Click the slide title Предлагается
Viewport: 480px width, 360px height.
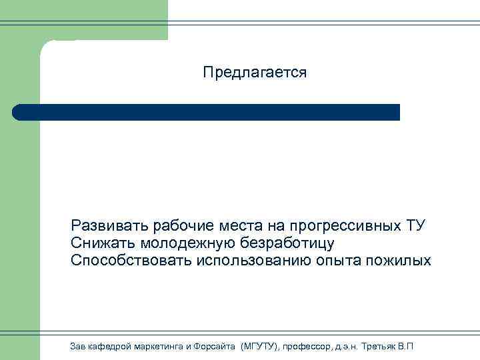pyautogui.click(x=255, y=73)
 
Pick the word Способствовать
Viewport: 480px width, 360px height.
pyautogui.click(x=131, y=260)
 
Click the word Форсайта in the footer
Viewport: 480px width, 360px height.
pyautogui.click(x=212, y=346)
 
